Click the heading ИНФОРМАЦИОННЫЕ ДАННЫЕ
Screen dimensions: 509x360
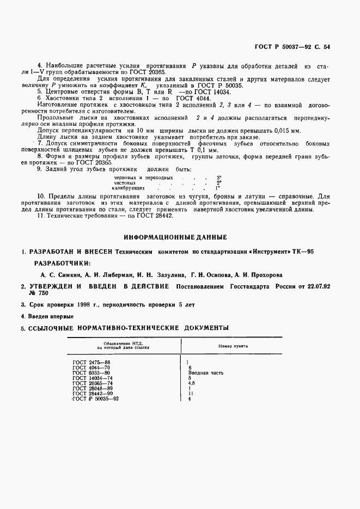(x=175, y=237)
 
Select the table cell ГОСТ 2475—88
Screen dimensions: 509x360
(x=91, y=361)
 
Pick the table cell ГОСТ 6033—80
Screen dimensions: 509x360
(x=91, y=373)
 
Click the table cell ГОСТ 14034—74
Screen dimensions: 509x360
(x=92, y=378)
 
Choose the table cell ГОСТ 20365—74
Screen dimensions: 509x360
(x=92, y=383)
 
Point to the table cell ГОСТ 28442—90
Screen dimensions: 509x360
(x=92, y=394)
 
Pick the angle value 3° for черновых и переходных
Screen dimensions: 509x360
(x=219, y=177)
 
